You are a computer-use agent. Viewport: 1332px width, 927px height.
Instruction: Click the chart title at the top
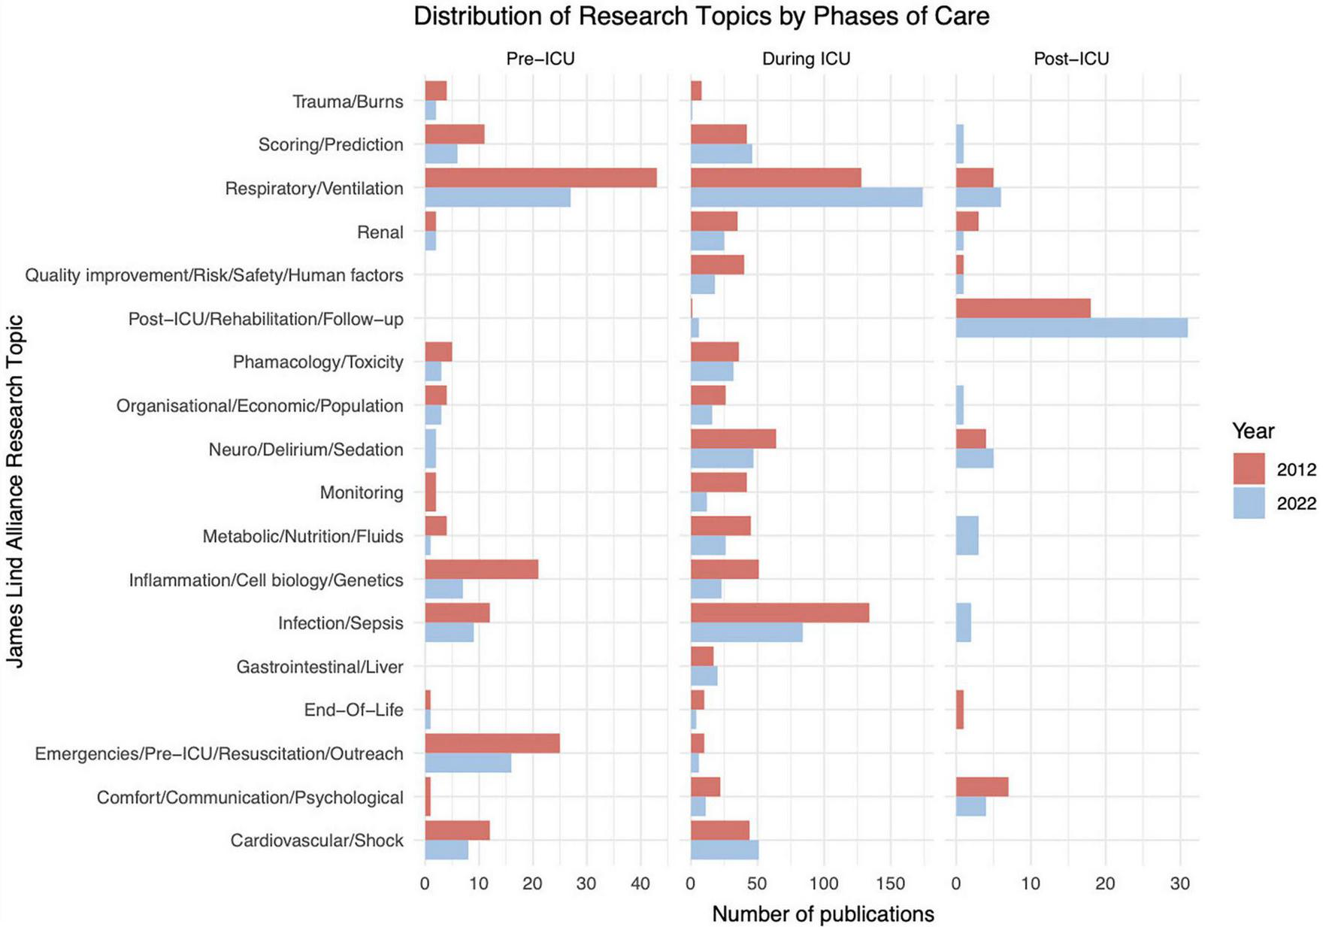pos(701,17)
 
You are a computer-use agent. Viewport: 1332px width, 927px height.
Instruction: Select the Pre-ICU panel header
pos(540,59)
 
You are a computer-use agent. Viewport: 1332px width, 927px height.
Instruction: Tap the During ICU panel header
pos(806,59)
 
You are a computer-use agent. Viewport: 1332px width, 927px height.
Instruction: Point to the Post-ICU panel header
pos(1071,59)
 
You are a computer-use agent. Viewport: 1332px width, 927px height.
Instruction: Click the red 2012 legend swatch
pos(1249,469)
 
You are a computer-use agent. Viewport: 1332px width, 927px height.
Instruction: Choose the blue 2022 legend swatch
pos(1249,503)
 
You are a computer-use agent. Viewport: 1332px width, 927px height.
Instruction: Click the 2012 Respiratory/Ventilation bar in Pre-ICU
pos(540,178)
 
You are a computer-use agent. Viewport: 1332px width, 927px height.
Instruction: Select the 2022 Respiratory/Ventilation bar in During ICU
pos(806,197)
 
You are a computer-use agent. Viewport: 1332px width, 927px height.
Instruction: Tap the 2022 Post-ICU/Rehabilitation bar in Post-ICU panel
pos(1071,328)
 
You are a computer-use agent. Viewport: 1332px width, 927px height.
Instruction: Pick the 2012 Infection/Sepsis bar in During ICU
pos(780,613)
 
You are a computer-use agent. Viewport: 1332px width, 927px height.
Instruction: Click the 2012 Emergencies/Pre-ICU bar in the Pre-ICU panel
pos(492,744)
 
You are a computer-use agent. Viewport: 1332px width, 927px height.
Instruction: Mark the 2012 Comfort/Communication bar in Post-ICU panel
pos(982,787)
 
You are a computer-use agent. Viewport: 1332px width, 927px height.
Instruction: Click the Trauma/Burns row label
pos(347,101)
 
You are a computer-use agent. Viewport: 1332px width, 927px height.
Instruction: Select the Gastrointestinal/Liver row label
pos(319,667)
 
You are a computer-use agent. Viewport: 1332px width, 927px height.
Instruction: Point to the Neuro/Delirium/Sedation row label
pos(306,450)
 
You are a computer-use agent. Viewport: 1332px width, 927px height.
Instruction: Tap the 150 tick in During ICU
pos(891,884)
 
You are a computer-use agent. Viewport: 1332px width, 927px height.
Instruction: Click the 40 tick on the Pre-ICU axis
pos(640,884)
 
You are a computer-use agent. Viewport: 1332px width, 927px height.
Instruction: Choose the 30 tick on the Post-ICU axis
pos(1179,884)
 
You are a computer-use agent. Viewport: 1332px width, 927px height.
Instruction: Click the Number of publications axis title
pos(822,914)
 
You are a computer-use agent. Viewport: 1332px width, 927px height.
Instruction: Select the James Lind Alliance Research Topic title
pos(15,491)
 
